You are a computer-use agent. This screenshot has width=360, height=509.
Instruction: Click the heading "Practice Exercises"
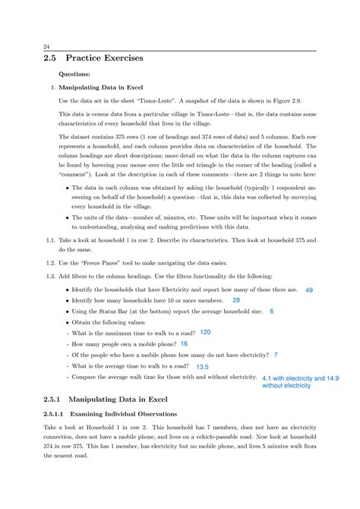[x=106, y=58]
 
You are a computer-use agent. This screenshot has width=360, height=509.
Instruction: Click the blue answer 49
[x=309, y=290]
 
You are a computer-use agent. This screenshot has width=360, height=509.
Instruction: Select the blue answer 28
[x=236, y=301]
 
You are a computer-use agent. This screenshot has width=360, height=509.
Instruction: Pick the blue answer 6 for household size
[x=271, y=311]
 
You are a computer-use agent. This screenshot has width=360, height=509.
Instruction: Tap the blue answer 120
[x=205, y=333]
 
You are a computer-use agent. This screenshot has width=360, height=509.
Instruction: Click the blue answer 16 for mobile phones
[x=184, y=343]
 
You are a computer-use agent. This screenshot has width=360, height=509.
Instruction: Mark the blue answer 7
[x=275, y=355]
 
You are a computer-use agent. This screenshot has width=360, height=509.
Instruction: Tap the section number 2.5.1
[x=55, y=399]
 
